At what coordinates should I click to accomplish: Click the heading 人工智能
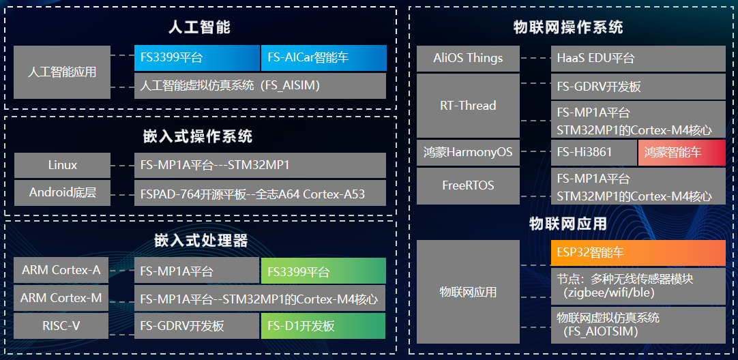[199, 27]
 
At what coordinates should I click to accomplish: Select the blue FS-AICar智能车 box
[323, 58]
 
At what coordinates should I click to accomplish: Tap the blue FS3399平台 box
[196, 58]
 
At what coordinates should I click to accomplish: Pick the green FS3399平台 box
[323, 271]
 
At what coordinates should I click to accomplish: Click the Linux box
[62, 166]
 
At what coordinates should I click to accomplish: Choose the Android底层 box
[62, 193]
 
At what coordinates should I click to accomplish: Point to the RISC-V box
[61, 326]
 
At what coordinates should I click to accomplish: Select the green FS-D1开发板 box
[323, 326]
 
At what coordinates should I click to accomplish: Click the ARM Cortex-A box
[61, 271]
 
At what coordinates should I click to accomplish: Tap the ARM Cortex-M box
[61, 298]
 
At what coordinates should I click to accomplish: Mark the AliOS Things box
[468, 59]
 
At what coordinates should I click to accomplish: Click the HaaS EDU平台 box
[638, 59]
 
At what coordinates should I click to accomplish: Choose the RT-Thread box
[468, 106]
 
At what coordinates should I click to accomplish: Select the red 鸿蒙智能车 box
[681, 152]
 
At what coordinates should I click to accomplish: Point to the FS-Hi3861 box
[593, 152]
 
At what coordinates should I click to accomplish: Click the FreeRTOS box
[468, 185]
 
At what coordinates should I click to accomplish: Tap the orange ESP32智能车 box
[638, 253]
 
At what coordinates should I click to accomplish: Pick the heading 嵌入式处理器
[201, 241]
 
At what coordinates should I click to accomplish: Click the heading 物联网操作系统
[567, 27]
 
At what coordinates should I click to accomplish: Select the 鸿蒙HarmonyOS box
[468, 152]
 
